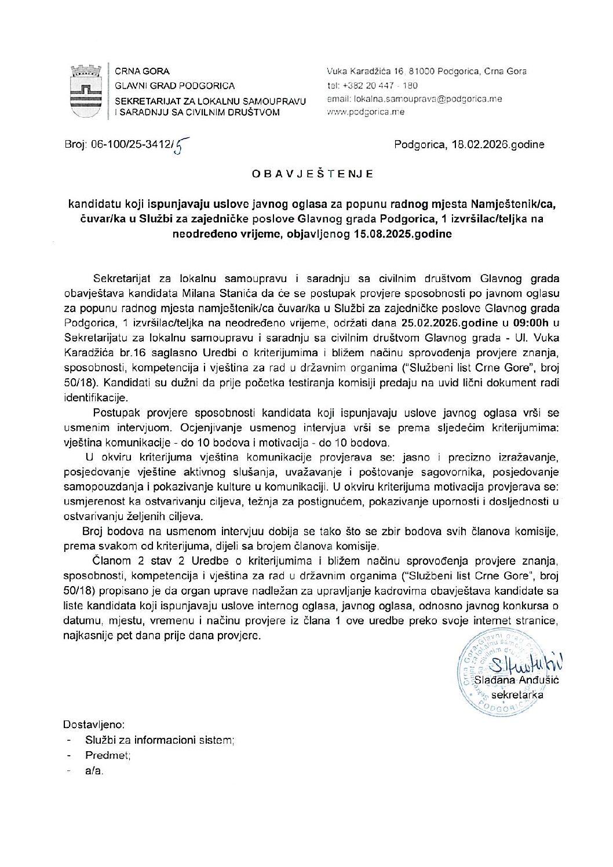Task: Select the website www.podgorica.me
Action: tap(366, 112)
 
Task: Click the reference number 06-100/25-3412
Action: tap(130, 145)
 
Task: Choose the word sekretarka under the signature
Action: tap(517, 694)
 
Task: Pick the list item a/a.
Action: tap(94, 771)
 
